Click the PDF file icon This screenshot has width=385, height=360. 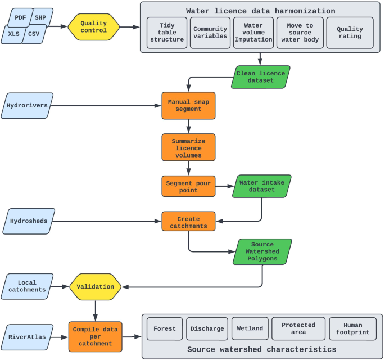pyautogui.click(x=20, y=17)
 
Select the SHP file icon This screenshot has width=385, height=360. pyautogui.click(x=41, y=17)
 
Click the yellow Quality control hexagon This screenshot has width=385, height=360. pyautogui.click(x=94, y=26)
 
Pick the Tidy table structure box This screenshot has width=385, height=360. pyautogui.click(x=167, y=33)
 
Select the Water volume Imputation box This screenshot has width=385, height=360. pyautogui.click(x=253, y=33)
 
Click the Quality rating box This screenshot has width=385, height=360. pyautogui.click(x=350, y=33)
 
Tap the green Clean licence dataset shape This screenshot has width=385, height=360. pyautogui.click(x=261, y=77)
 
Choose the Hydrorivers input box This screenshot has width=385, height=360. pyautogui.click(x=27, y=105)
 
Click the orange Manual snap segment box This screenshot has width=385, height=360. pyautogui.click(x=188, y=105)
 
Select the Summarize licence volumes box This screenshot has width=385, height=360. pyautogui.click(x=188, y=147)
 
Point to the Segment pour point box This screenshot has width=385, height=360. pyautogui.click(x=188, y=186)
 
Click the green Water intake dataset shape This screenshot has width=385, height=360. pyautogui.click(x=262, y=186)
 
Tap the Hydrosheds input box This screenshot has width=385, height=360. pyautogui.click(x=28, y=221)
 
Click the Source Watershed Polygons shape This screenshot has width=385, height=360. pyautogui.click(x=263, y=252)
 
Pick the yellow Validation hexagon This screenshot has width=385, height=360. pyautogui.click(x=95, y=287)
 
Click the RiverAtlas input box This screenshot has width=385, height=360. pyautogui.click(x=27, y=337)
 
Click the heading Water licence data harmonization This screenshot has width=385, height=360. pyautogui.click(x=261, y=11)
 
